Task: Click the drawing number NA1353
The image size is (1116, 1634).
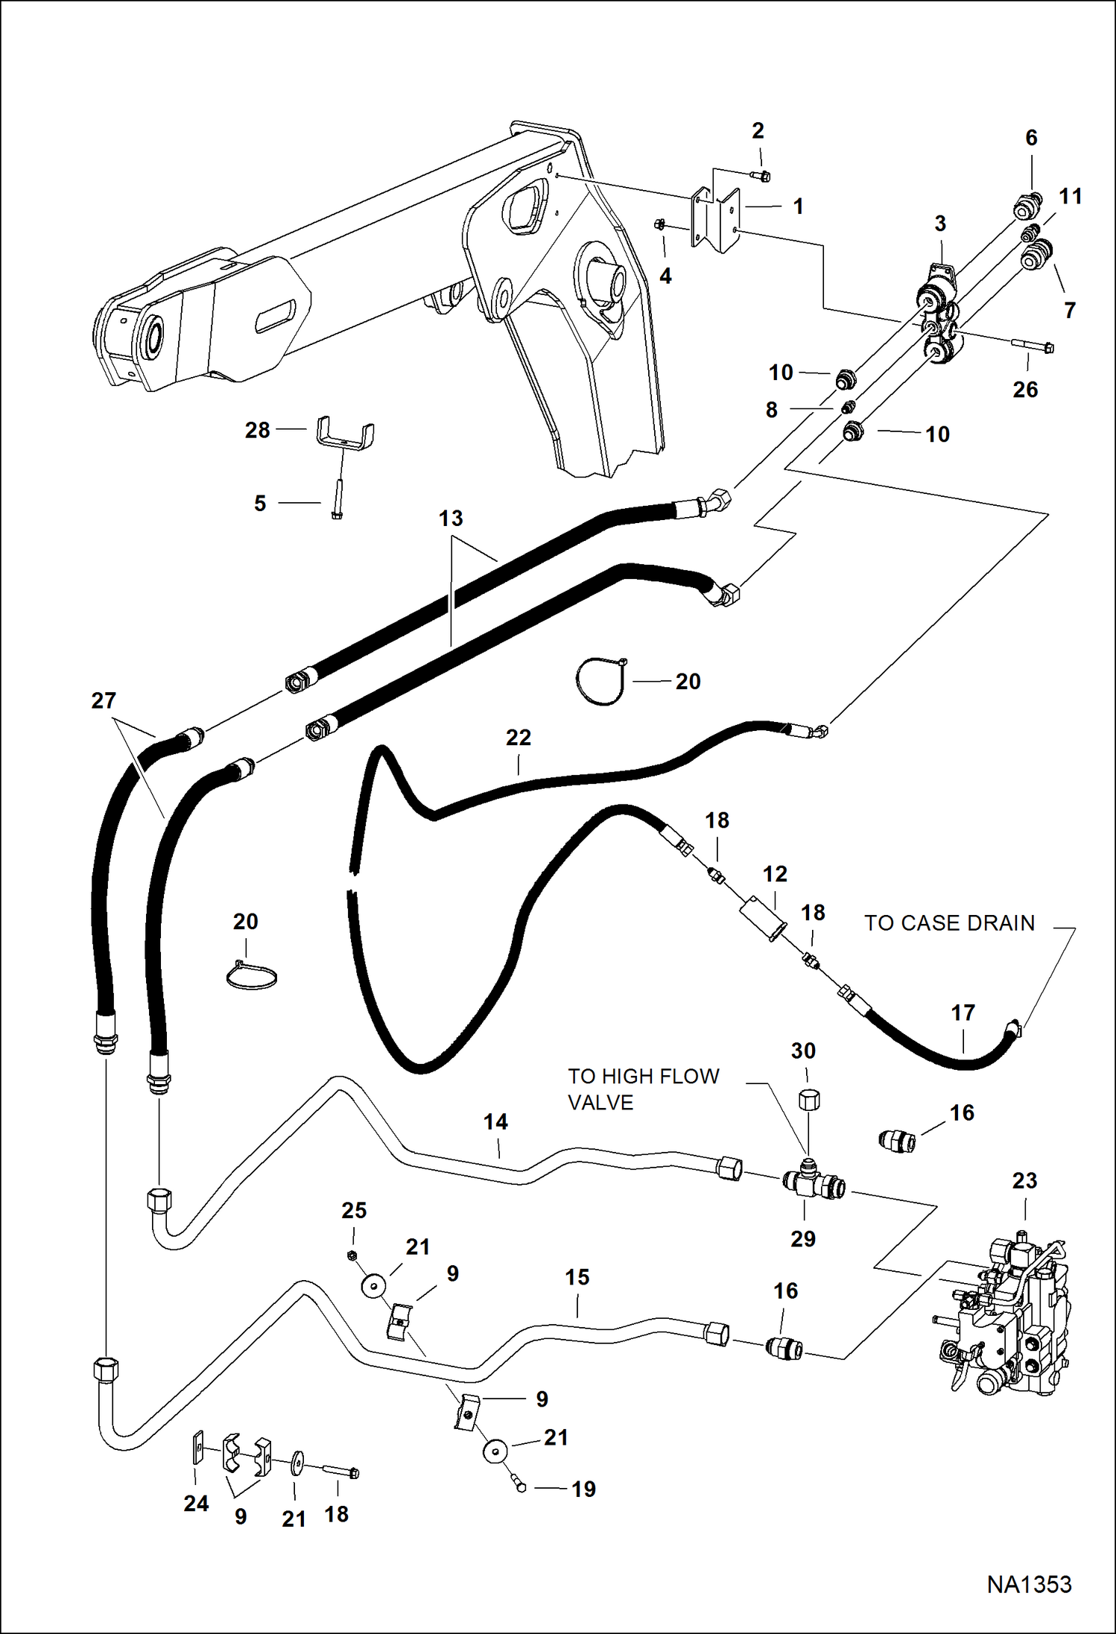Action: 1029,1584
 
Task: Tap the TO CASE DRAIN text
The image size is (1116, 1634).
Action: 949,923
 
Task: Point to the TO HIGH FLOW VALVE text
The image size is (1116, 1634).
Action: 643,1089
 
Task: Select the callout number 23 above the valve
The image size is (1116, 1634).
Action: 1024,1180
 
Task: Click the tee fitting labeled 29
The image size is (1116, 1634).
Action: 813,1183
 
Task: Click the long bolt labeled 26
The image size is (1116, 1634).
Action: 1032,346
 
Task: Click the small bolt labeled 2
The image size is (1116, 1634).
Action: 761,176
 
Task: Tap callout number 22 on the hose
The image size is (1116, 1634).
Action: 519,738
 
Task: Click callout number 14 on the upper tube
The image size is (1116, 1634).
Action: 495,1122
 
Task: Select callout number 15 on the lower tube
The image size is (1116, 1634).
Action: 577,1277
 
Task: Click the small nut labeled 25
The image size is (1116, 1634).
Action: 352,1255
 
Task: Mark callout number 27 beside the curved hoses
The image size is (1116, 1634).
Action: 104,700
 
